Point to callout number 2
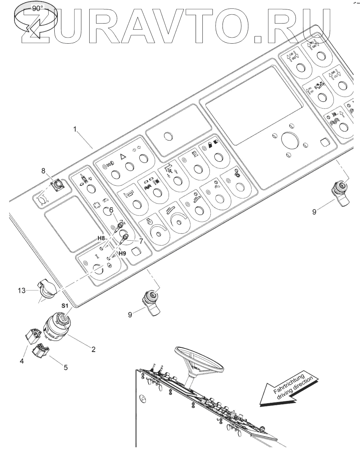point(93,349)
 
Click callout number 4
point(22,361)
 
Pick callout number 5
point(66,368)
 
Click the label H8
point(101,238)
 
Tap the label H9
point(122,253)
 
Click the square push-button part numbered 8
point(58,185)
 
